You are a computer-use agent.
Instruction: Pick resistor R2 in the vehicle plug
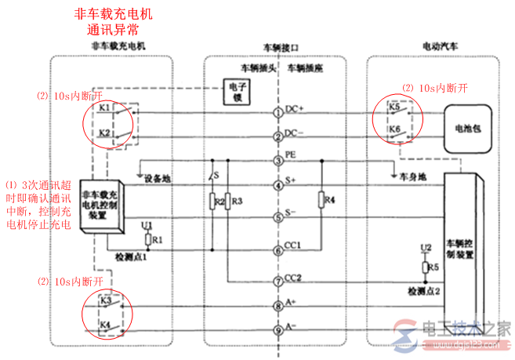[x=212, y=202]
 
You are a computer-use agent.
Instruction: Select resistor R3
[x=227, y=202]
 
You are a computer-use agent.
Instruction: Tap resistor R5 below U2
[x=426, y=267]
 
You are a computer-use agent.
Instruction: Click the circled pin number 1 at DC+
[x=277, y=112]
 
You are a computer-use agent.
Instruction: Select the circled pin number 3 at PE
[x=277, y=162]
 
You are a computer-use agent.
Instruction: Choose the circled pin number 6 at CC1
[x=277, y=251]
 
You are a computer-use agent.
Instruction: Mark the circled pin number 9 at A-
[x=277, y=329]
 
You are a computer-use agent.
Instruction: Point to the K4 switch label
[x=104, y=324]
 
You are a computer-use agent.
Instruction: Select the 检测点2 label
[x=423, y=291]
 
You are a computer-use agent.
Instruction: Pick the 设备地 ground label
[x=158, y=179]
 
